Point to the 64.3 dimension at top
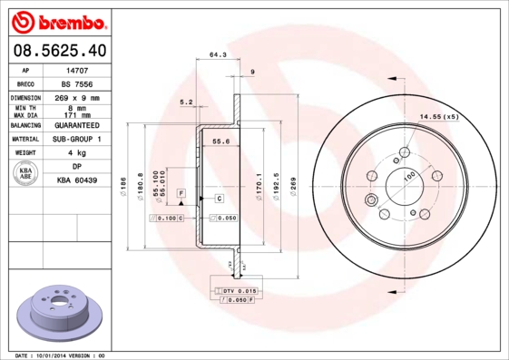(x=218, y=55)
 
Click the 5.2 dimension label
(x=187, y=102)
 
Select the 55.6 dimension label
(x=220, y=141)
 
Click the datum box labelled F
(x=181, y=194)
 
